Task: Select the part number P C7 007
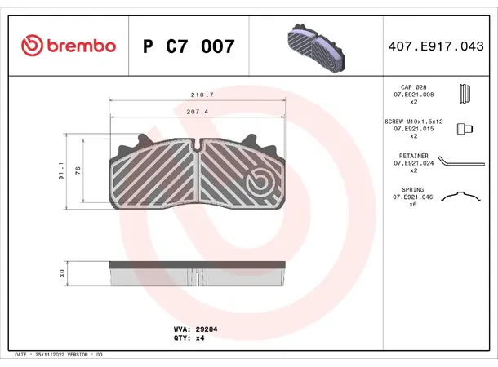189,46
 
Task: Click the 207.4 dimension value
195,111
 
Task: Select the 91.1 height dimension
62,172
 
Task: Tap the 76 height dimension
78,170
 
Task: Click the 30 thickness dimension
62,274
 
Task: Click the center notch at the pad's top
198,145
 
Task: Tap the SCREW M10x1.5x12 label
412,121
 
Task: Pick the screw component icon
465,129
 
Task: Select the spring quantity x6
412,205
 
